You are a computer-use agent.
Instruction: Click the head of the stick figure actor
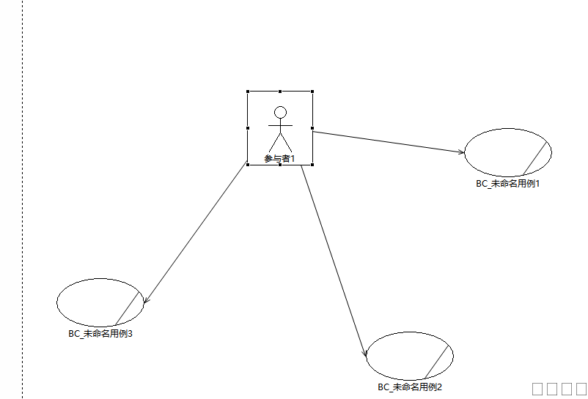tap(280, 113)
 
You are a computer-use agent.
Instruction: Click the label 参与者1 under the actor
tap(280, 159)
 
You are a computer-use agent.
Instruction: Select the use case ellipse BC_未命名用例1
tap(508, 152)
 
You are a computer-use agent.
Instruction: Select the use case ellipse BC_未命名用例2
tap(410, 356)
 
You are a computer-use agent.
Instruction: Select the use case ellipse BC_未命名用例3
tap(100, 302)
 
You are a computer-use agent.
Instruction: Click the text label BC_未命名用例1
tap(508, 184)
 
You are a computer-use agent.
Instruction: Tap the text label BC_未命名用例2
tap(410, 387)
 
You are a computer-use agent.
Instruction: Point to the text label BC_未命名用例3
tap(100, 334)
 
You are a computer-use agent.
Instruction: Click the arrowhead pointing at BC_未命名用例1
tap(462, 152)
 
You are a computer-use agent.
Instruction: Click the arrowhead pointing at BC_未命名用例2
tap(364, 353)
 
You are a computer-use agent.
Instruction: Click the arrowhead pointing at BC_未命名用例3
tap(146, 299)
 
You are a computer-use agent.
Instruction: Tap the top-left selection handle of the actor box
tap(248, 92)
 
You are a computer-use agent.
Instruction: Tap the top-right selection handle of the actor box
tap(312, 92)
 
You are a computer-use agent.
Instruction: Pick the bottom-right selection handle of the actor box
tap(312, 165)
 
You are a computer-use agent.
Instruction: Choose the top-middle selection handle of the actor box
tap(280, 92)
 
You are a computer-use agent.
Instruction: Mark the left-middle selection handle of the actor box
tap(248, 128)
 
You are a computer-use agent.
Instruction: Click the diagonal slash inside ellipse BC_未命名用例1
tap(534, 158)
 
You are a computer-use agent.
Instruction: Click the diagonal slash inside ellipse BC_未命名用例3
tap(127, 309)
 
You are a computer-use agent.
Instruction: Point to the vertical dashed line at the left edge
tap(23, 199)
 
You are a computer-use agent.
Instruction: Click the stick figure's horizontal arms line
tap(280, 125)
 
